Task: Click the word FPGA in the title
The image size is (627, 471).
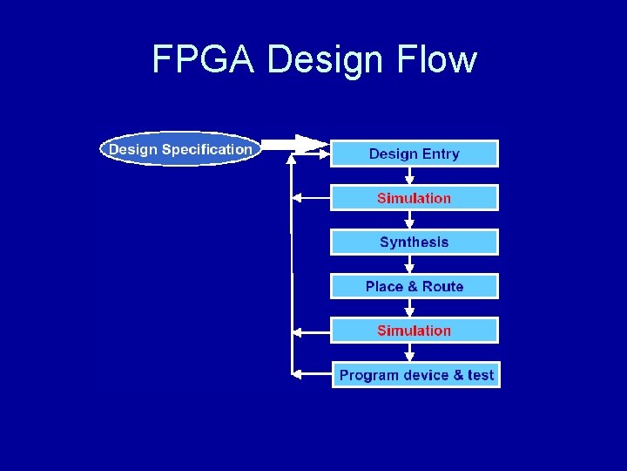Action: pyautogui.click(x=205, y=60)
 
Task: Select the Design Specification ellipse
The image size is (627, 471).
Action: pyautogui.click(x=180, y=149)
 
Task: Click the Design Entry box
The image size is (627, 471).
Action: pyautogui.click(x=414, y=154)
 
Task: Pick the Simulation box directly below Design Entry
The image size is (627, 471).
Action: pyautogui.click(x=414, y=198)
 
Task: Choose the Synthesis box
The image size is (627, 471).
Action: pyautogui.click(x=414, y=242)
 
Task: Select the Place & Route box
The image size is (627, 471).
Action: pyautogui.click(x=414, y=286)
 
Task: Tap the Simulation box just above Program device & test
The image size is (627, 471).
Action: pyautogui.click(x=414, y=331)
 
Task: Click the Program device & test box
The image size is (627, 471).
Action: pyautogui.click(x=416, y=375)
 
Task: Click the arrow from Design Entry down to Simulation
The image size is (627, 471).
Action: pyautogui.click(x=409, y=175)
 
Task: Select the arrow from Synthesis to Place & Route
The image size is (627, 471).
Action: pyautogui.click(x=409, y=264)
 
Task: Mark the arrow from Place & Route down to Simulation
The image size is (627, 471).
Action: pyautogui.click(x=409, y=309)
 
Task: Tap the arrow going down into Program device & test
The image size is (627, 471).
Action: pyautogui.click(x=409, y=353)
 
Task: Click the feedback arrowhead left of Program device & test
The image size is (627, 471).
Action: pyautogui.click(x=296, y=375)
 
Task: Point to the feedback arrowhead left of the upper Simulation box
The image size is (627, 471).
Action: pyautogui.click(x=296, y=198)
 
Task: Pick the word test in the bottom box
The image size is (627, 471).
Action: pyautogui.click(x=480, y=375)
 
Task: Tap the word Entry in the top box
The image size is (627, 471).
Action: pyautogui.click(x=441, y=154)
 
